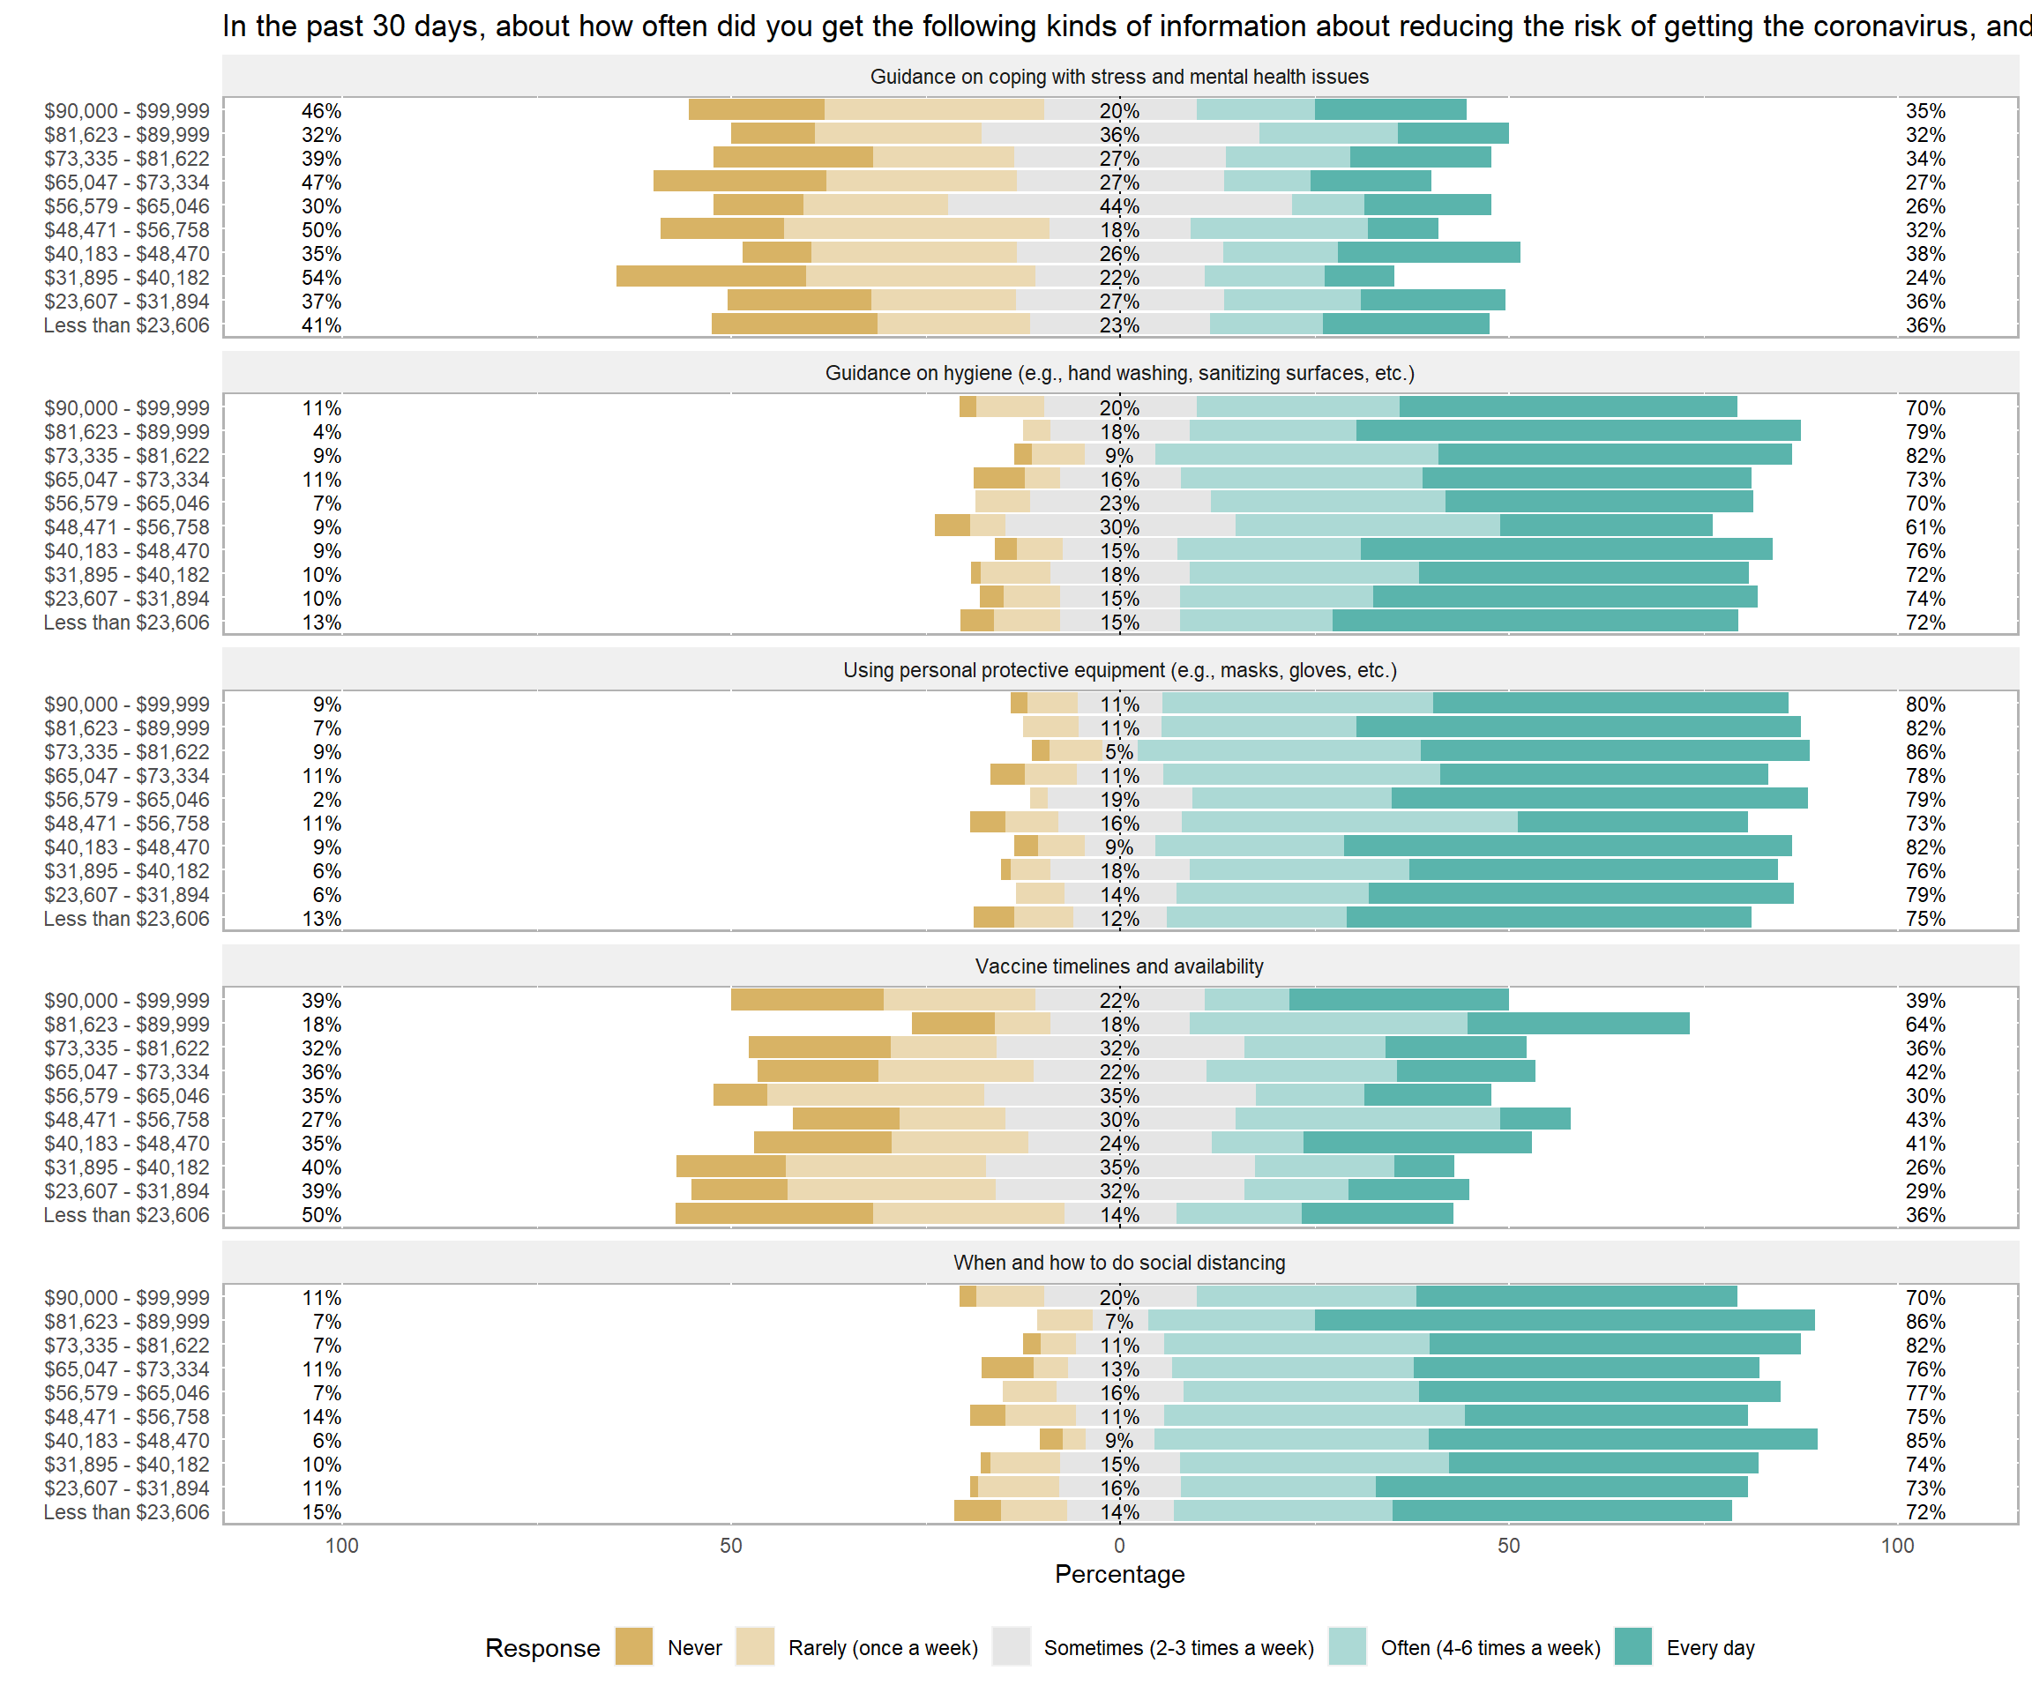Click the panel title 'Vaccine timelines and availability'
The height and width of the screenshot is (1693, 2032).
1118,966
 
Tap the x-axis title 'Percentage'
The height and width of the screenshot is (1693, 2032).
1118,1574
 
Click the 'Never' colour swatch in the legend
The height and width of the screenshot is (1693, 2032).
634,1647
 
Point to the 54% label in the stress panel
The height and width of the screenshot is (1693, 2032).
321,278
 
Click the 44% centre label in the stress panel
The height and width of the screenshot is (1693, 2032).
1118,206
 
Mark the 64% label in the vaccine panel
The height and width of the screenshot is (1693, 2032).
1924,1025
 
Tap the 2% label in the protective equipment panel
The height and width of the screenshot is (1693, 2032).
326,800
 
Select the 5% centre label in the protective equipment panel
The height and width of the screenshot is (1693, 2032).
1118,751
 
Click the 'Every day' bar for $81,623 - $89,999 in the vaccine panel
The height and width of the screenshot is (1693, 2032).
1578,1024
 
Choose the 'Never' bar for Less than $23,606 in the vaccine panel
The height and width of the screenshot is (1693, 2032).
774,1214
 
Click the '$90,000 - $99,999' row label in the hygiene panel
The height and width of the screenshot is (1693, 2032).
126,408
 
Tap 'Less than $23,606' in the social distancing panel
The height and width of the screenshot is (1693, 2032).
126,1512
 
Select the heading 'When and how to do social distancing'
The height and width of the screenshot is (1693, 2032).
1118,1263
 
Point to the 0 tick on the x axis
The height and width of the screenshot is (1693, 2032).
1118,1545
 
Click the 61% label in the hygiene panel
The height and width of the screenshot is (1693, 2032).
1924,527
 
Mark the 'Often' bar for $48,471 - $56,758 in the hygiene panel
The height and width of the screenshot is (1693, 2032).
1367,526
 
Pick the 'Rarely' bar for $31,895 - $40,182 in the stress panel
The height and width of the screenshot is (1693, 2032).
920,277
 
